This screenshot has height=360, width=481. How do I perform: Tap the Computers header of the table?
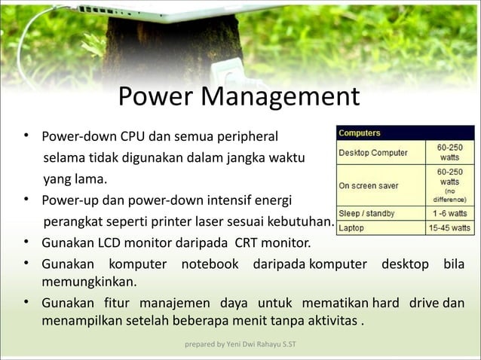[360, 133]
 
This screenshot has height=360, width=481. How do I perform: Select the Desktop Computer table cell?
[373, 153]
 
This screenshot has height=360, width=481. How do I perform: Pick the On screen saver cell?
[369, 185]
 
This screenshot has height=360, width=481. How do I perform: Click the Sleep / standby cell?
[367, 214]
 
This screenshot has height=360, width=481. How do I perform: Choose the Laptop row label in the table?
[352, 227]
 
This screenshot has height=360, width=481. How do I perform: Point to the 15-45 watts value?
[449, 227]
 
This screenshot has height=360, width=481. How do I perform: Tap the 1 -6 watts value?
[449, 214]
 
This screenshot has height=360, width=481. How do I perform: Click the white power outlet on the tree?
[227, 73]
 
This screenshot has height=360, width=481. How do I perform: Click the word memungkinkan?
[89, 282]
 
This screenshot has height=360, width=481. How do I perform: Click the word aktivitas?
[335, 324]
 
